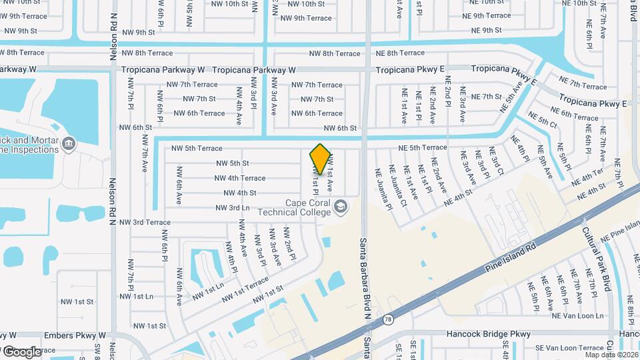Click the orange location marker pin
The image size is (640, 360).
tap(321, 160)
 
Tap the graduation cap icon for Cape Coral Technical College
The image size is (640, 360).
tap(341, 207)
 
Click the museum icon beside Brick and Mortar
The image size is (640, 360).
tap(69, 144)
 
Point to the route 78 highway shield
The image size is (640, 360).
tap(387, 321)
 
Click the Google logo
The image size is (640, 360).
tap(21, 351)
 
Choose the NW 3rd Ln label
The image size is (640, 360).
tap(232, 208)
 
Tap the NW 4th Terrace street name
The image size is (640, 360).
tap(240, 178)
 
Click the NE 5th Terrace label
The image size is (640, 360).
tap(423, 147)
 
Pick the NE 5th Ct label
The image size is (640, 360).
tap(542, 120)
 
